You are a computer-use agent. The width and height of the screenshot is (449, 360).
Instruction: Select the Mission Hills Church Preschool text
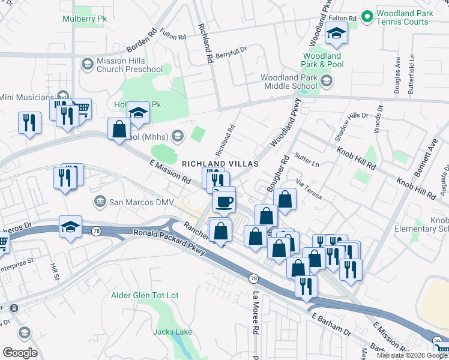click(130, 65)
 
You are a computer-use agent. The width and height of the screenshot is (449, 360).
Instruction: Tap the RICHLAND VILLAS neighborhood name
click(220, 164)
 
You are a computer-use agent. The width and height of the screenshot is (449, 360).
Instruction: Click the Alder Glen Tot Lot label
click(145, 296)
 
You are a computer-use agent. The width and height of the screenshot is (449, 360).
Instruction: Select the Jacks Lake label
click(172, 332)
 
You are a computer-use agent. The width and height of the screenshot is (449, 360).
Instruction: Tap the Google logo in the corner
click(20, 353)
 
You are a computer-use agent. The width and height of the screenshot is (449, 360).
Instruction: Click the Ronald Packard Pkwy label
click(170, 241)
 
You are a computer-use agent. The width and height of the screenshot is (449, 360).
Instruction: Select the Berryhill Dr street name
click(231, 53)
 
